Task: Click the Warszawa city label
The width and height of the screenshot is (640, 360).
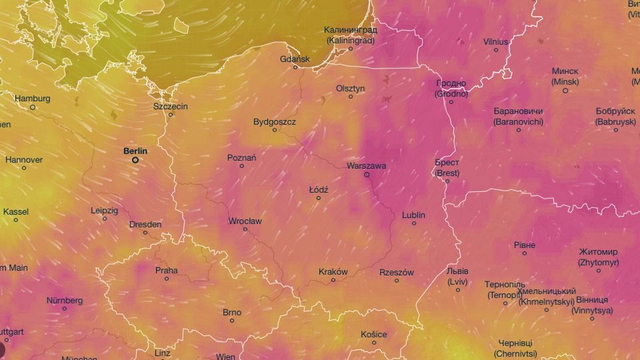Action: [367, 165]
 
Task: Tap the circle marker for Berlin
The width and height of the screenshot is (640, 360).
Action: [135, 160]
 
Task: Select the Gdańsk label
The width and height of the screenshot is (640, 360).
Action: [295, 59]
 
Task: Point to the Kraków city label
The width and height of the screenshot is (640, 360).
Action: [333, 271]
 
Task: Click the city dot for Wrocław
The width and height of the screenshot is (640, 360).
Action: [245, 229]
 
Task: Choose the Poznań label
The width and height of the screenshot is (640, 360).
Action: [242, 157]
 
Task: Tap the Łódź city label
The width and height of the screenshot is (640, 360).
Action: [319, 190]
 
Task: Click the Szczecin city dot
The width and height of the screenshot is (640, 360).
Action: [171, 115]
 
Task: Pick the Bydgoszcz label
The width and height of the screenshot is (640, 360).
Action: [275, 122]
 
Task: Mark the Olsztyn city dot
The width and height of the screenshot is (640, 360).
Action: [351, 97]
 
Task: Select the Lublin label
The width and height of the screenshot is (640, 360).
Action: [413, 215]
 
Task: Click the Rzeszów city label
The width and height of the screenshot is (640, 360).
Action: [397, 272]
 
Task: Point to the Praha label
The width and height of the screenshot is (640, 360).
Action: [167, 270]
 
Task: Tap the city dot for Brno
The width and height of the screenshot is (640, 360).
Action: [232, 321]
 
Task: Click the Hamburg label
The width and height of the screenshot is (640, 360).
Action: [32, 99]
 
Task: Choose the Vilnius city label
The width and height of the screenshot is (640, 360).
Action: [495, 41]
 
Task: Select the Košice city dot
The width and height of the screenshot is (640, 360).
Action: [374, 343]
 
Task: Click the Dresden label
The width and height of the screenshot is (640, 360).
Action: [145, 225]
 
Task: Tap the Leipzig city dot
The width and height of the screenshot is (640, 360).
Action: [105, 219]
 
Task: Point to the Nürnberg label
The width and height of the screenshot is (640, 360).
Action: [65, 300]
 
